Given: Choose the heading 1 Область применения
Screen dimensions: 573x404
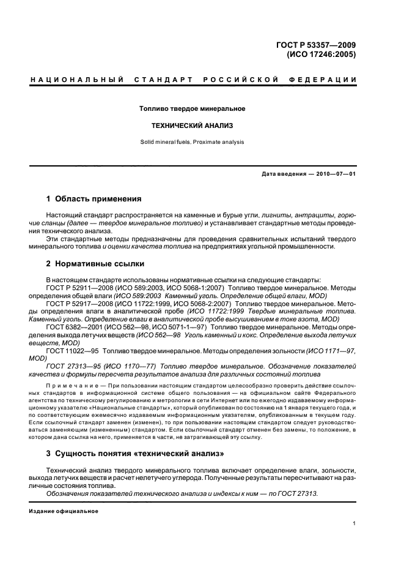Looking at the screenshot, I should tap(94, 199).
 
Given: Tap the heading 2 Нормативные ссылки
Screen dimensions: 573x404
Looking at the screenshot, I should tap(95, 264).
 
